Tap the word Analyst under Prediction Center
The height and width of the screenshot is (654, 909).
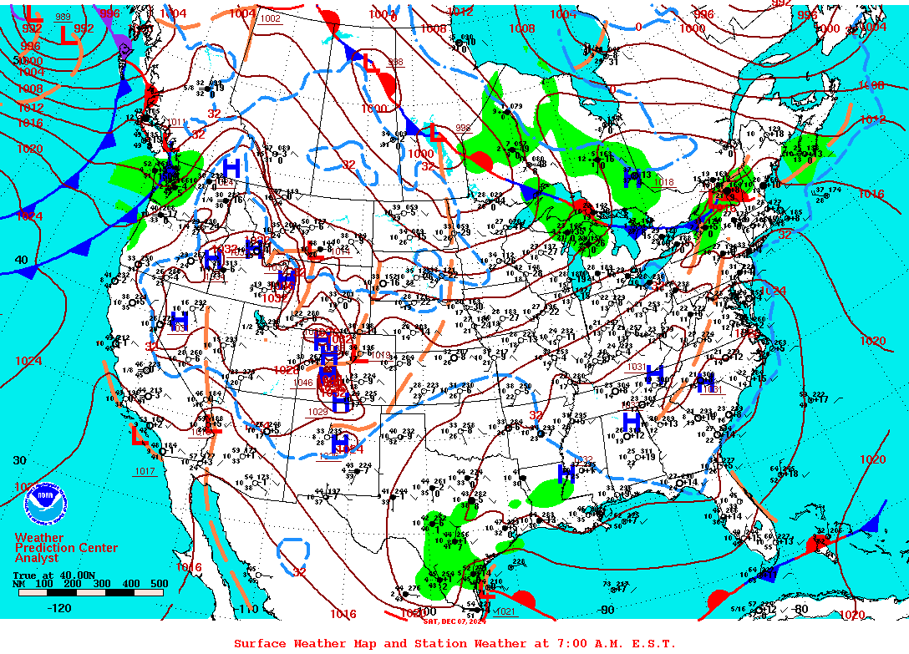tap(37, 558)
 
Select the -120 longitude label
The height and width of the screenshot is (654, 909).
tap(59, 608)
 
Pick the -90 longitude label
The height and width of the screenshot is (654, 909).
tap(606, 610)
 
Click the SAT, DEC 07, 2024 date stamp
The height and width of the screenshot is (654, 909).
tap(455, 621)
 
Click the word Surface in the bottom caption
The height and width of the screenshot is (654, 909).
tap(259, 643)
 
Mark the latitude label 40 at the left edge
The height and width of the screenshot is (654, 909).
tap(21, 260)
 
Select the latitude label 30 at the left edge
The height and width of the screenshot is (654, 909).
tap(21, 460)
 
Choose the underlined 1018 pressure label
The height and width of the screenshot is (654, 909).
tap(664, 182)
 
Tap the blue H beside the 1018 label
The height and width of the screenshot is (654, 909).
tap(632, 177)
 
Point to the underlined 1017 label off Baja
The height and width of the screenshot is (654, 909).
tap(145, 472)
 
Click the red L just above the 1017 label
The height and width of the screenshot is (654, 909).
tap(139, 434)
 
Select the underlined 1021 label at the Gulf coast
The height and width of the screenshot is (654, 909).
tap(505, 611)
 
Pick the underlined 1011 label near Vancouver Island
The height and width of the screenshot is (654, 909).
tap(176, 123)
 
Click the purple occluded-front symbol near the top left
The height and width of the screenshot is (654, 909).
tap(124, 46)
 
